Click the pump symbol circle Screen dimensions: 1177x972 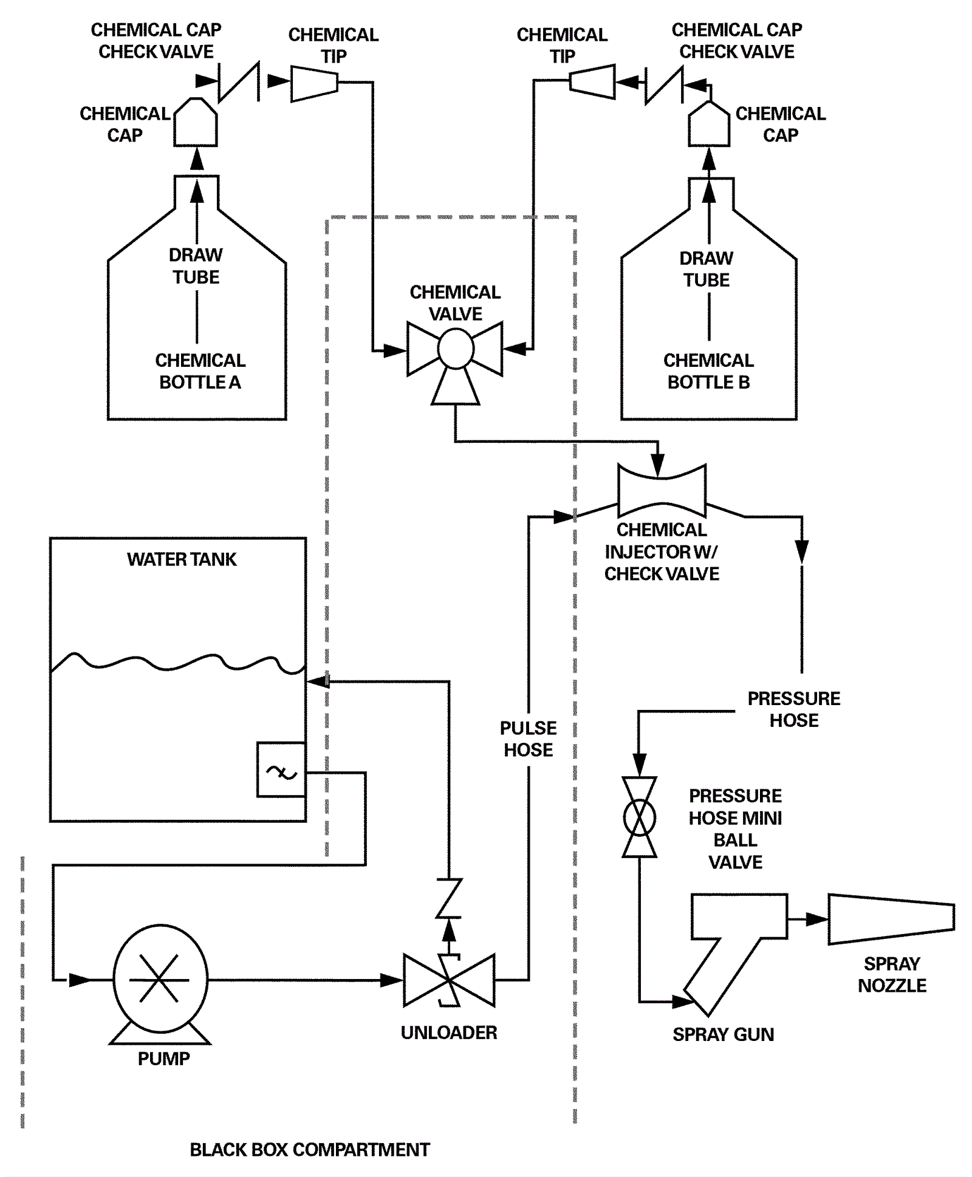pos(160,978)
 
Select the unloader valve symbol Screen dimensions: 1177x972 pos(449,980)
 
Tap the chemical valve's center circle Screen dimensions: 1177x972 pos(456,349)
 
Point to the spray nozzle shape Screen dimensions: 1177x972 pos(891,919)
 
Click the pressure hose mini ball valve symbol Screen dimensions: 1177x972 pos(639,817)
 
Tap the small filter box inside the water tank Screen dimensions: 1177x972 pos(281,769)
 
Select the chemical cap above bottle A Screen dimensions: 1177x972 pos(196,123)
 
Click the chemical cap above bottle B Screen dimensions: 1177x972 pos(708,125)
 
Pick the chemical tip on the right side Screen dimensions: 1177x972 pos(592,81)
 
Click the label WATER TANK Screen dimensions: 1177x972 pos(182,559)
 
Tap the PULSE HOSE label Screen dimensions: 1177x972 pos(528,739)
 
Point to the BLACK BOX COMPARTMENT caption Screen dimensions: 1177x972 pos(310,1150)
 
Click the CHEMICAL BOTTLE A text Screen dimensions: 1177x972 pos(200,371)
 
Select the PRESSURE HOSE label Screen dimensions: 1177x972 pos(793,709)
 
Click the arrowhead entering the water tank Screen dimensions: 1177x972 pos(317,681)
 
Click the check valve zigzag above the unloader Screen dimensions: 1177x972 pos(449,897)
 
